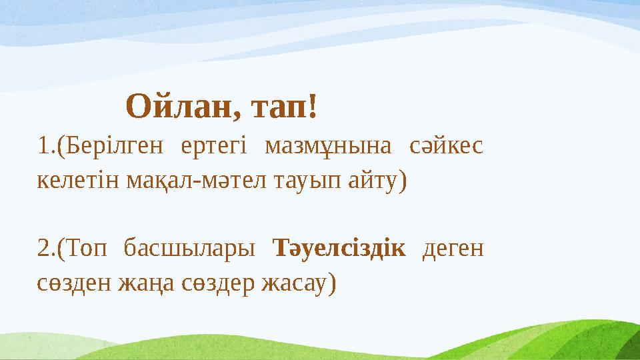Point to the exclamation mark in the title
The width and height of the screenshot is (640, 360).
click(x=313, y=106)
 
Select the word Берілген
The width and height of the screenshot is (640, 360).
click(x=113, y=146)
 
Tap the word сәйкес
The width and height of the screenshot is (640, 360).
click(x=446, y=146)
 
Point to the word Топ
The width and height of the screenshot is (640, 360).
click(x=86, y=248)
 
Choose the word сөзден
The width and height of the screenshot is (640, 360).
click(x=74, y=283)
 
